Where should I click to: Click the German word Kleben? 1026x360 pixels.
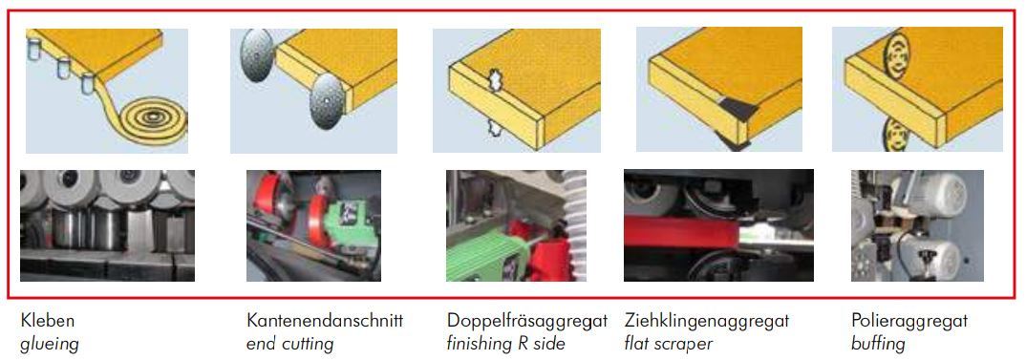[x=48, y=321]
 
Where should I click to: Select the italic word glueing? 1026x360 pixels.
[x=50, y=344]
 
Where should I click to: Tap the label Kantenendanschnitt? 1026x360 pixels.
[x=325, y=321]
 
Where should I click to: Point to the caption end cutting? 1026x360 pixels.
[x=289, y=343]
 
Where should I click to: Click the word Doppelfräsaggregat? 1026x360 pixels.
[x=527, y=321]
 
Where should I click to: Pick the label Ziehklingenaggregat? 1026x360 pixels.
[x=707, y=321]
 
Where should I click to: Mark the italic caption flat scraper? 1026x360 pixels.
[x=669, y=343]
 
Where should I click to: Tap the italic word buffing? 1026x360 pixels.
[x=879, y=343]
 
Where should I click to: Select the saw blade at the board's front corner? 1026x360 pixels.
[x=327, y=102]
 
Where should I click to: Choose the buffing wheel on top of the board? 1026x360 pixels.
[x=896, y=56]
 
